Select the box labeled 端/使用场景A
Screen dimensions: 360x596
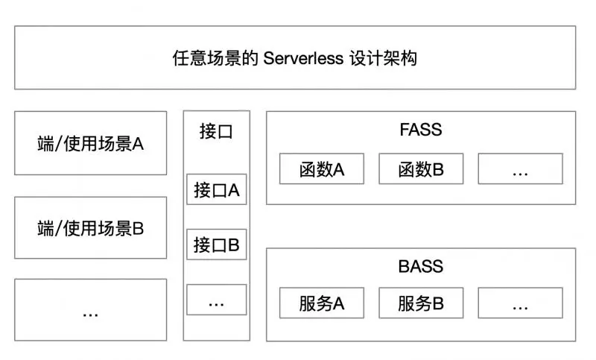(90, 143)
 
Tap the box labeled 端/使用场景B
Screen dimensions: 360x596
(90, 228)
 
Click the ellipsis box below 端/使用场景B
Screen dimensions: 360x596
(90, 310)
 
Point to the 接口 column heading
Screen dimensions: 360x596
(216, 132)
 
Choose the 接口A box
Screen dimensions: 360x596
(216, 189)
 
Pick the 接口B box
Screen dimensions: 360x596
(216, 244)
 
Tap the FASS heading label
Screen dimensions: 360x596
(420, 130)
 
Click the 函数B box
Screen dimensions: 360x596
(421, 169)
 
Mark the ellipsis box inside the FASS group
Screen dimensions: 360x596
(520, 169)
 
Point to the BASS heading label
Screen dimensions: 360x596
(420, 266)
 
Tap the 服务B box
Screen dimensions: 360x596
(421, 303)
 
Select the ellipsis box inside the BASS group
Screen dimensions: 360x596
(520, 303)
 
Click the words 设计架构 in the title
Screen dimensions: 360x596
(384, 58)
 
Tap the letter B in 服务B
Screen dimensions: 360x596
(438, 303)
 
